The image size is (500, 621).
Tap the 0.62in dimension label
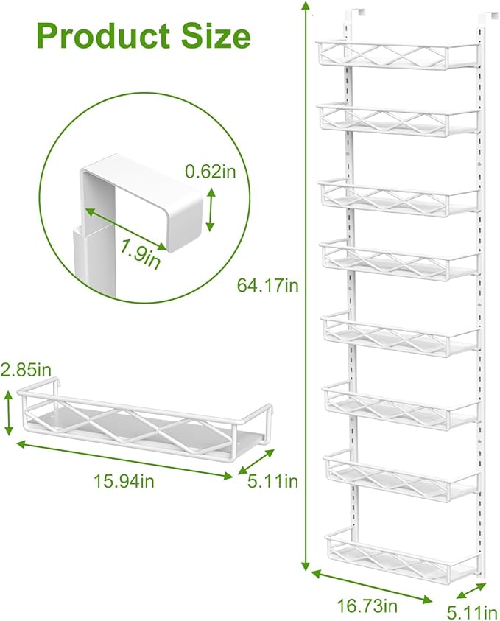210,171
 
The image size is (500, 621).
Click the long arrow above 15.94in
124,459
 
